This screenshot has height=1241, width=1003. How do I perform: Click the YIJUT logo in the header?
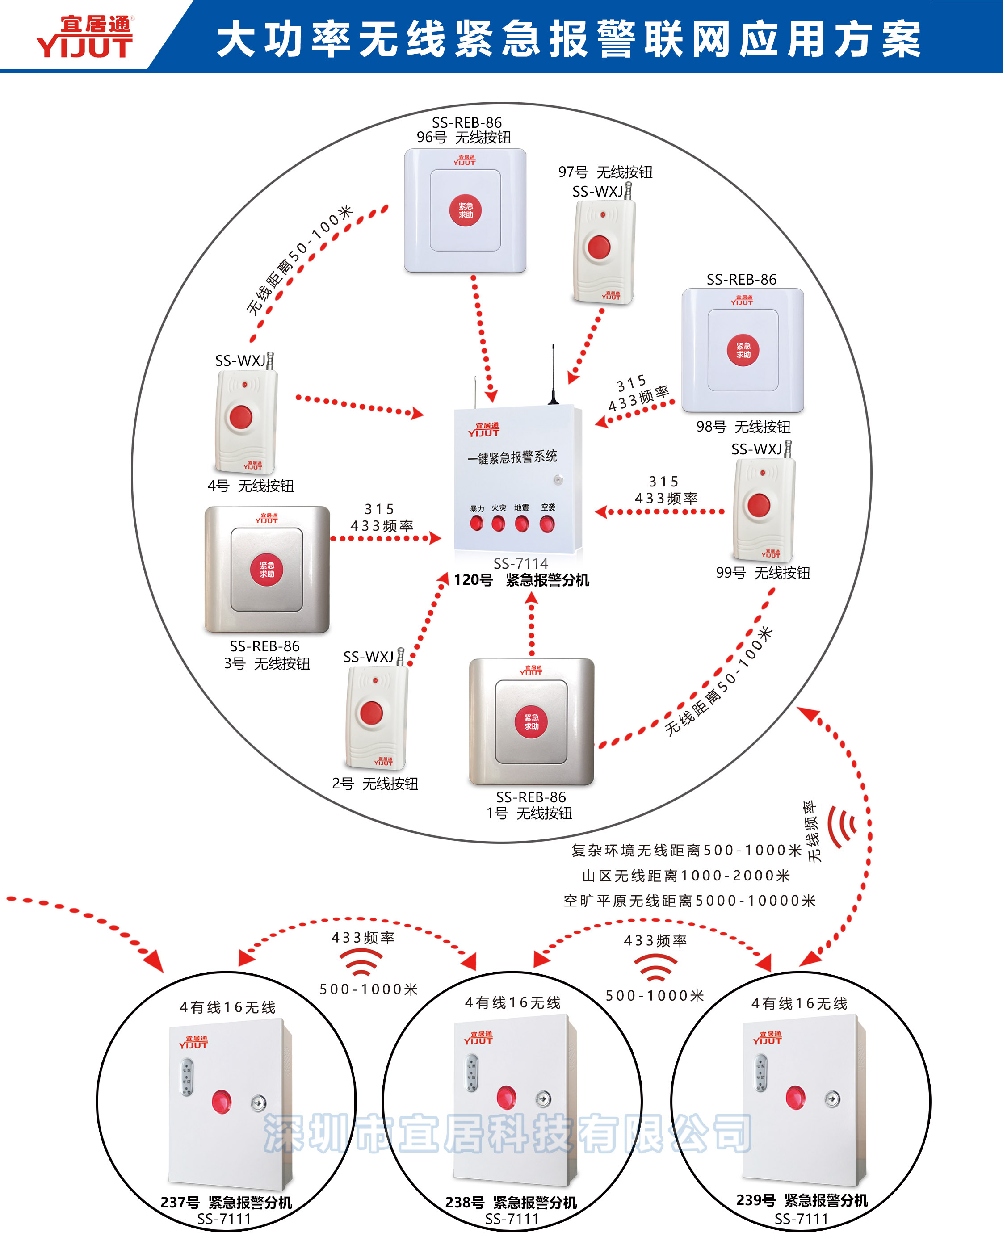pyautogui.click(x=85, y=37)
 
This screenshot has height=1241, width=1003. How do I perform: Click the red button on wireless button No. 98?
pyautogui.click(x=743, y=350)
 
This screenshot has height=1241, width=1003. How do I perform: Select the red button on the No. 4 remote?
pyautogui.click(x=241, y=416)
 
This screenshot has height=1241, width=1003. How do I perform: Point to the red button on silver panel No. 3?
pyautogui.click(x=266, y=570)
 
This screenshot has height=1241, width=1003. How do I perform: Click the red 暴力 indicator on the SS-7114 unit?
pyautogui.click(x=477, y=524)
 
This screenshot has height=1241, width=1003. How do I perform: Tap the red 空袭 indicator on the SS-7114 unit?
pyautogui.click(x=547, y=524)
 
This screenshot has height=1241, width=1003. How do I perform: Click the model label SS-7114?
pyautogui.click(x=520, y=563)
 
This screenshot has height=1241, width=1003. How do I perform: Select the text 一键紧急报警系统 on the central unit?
pyautogui.click(x=512, y=457)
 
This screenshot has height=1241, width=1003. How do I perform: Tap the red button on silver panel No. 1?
pyautogui.click(x=531, y=721)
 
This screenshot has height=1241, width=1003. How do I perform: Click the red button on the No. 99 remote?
pyautogui.click(x=759, y=505)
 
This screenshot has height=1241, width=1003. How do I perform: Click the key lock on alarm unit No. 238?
pyautogui.click(x=543, y=1098)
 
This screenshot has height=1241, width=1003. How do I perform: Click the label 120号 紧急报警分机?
pyautogui.click(x=521, y=580)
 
